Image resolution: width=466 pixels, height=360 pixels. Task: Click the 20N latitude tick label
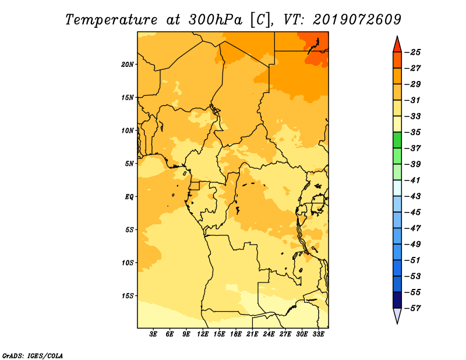point(127,65)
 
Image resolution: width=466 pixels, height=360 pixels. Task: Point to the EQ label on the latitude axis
point(129,197)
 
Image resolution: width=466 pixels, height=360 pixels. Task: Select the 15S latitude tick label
point(128,296)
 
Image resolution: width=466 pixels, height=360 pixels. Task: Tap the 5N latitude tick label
point(129,164)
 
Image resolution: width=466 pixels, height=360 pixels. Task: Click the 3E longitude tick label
point(153,334)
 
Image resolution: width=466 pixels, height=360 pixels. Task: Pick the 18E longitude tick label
point(236,334)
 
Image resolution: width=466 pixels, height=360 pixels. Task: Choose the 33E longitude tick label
point(318,334)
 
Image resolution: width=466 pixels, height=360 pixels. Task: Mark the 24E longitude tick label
point(269,334)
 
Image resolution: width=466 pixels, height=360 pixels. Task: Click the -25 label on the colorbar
point(412,52)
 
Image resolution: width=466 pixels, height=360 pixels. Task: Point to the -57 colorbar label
point(412,308)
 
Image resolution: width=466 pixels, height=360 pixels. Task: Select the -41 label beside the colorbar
point(412,181)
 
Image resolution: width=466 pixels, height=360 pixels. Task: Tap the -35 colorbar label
point(412,132)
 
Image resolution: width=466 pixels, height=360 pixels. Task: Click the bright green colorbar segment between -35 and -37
point(397,140)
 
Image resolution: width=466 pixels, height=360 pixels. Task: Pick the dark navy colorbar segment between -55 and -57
point(397,300)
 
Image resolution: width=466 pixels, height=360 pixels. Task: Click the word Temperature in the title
point(111,20)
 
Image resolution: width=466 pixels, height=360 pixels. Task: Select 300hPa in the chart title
point(216,20)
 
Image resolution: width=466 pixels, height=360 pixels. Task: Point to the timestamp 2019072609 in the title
point(357,20)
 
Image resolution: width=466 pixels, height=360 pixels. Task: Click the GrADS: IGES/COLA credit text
point(33,355)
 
